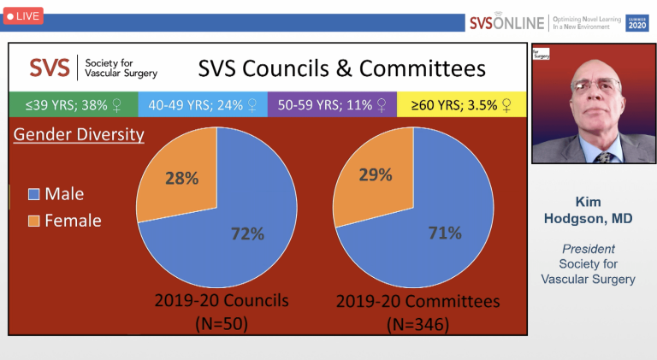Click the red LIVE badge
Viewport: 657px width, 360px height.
point(23,16)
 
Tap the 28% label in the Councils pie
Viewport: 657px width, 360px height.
point(182,179)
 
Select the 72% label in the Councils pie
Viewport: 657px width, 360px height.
point(247,233)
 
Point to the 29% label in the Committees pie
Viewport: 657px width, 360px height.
point(376,174)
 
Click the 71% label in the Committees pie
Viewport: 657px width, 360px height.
point(445,233)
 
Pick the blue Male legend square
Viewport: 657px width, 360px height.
point(33,194)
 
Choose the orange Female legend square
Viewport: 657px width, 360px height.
point(33,221)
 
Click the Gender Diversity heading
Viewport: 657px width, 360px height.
point(79,135)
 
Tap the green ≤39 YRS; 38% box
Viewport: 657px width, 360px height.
point(74,104)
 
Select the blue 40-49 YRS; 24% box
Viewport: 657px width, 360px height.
point(203,104)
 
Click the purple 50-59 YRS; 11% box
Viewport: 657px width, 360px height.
point(332,104)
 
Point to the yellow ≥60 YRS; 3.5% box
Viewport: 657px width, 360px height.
point(461,104)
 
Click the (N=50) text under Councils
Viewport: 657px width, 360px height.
point(222,323)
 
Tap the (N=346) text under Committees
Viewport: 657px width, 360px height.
point(417,324)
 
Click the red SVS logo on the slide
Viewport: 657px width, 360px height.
point(50,68)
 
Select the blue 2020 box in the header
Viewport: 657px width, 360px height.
point(636,23)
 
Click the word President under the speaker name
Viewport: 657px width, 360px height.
point(589,249)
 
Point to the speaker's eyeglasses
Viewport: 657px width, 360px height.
point(595,85)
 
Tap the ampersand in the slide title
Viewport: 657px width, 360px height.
point(344,68)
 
